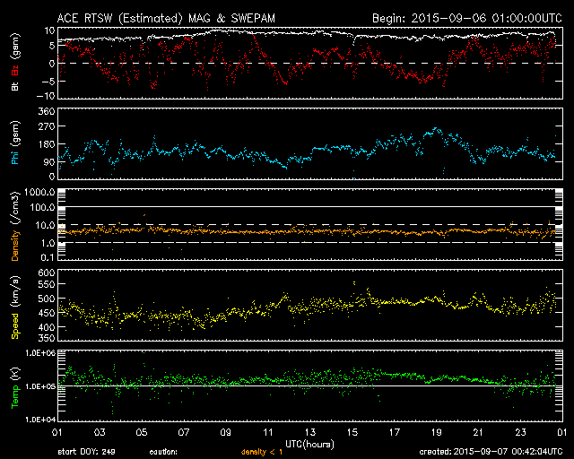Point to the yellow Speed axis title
(14, 300)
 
